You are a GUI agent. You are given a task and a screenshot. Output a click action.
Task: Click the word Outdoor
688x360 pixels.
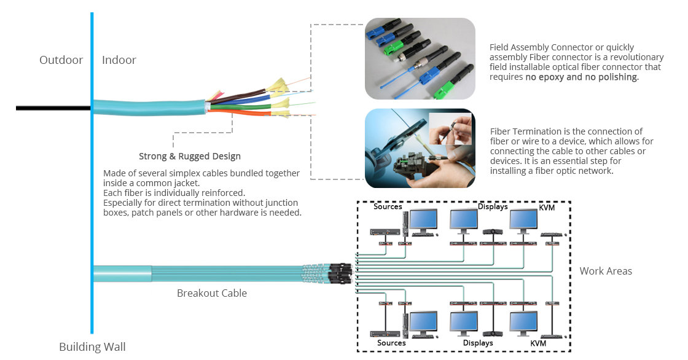click(x=61, y=60)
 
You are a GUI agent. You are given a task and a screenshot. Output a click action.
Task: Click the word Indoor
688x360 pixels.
click(x=119, y=60)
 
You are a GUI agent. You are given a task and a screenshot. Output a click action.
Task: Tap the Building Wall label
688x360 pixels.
click(x=92, y=347)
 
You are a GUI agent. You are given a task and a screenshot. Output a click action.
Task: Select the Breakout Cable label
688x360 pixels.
click(x=212, y=293)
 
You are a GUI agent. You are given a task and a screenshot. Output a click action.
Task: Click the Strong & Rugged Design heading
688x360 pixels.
click(x=190, y=156)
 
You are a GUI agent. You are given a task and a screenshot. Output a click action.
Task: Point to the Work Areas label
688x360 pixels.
click(x=606, y=271)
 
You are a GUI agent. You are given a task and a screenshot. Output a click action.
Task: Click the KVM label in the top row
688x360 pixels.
click(x=547, y=207)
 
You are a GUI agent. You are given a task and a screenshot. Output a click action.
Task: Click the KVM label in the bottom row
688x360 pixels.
click(x=538, y=343)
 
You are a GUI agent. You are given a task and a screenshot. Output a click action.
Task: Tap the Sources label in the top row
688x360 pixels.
click(x=388, y=206)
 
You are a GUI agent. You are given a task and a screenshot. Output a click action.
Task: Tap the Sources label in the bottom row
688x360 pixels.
click(x=391, y=343)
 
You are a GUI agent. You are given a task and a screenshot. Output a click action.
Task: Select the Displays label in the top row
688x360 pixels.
click(x=493, y=206)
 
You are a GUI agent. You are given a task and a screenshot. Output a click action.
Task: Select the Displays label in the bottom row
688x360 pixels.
click(x=478, y=343)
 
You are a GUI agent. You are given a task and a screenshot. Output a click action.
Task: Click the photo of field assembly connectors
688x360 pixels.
click(x=420, y=58)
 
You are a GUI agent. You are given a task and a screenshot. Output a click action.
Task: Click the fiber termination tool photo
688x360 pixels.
click(x=420, y=149)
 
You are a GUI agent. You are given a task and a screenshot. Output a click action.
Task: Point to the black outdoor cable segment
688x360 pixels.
click(x=53, y=108)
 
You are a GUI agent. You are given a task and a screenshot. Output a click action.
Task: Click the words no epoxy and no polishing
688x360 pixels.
click(x=582, y=77)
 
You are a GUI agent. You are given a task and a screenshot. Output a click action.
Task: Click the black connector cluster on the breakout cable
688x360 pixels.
click(x=340, y=273)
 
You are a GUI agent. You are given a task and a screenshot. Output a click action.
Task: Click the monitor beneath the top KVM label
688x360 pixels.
click(x=523, y=222)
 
